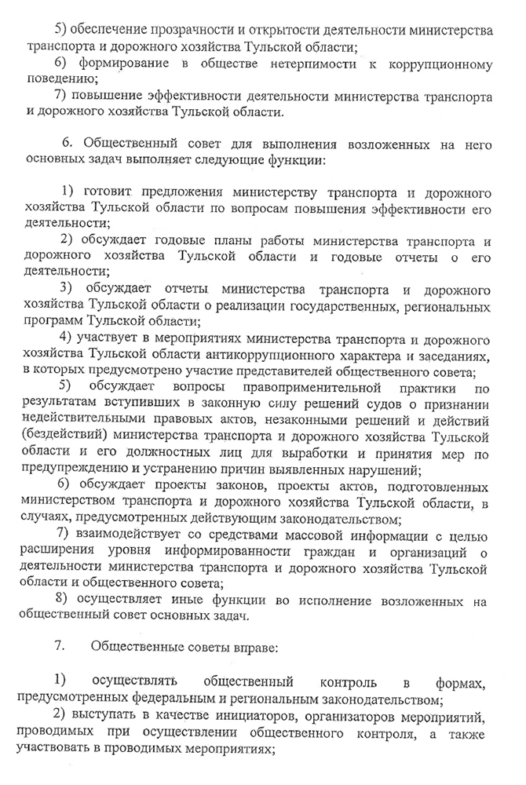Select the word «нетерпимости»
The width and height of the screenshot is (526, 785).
pyautogui.click(x=276, y=64)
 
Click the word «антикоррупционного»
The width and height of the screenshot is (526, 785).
pyautogui.click(x=264, y=354)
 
